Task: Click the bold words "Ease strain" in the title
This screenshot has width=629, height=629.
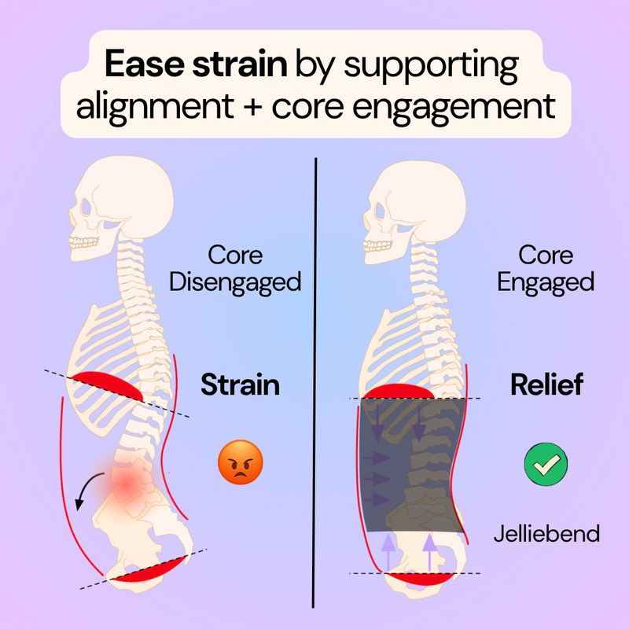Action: click(x=196, y=64)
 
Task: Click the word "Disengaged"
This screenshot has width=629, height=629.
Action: click(x=235, y=282)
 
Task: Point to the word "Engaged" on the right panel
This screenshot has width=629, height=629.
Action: click(x=546, y=282)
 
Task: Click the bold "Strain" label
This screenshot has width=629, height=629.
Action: click(x=240, y=384)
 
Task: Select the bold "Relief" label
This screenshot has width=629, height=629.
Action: click(x=546, y=384)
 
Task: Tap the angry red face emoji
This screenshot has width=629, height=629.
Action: click(x=241, y=462)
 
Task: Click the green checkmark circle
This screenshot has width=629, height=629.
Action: click(x=546, y=464)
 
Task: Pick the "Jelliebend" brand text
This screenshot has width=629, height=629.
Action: click(x=546, y=534)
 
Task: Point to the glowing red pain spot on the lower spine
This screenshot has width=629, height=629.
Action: click(x=127, y=486)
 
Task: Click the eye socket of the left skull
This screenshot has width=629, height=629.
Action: click(x=86, y=207)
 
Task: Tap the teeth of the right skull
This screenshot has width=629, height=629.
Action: click(x=377, y=245)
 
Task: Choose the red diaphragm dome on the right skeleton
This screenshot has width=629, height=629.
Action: click(x=398, y=392)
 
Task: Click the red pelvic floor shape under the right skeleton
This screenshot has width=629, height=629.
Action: click(x=421, y=579)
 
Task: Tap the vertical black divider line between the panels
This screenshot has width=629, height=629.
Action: click(x=314, y=383)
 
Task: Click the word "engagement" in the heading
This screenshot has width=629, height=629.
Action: click(x=454, y=108)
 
